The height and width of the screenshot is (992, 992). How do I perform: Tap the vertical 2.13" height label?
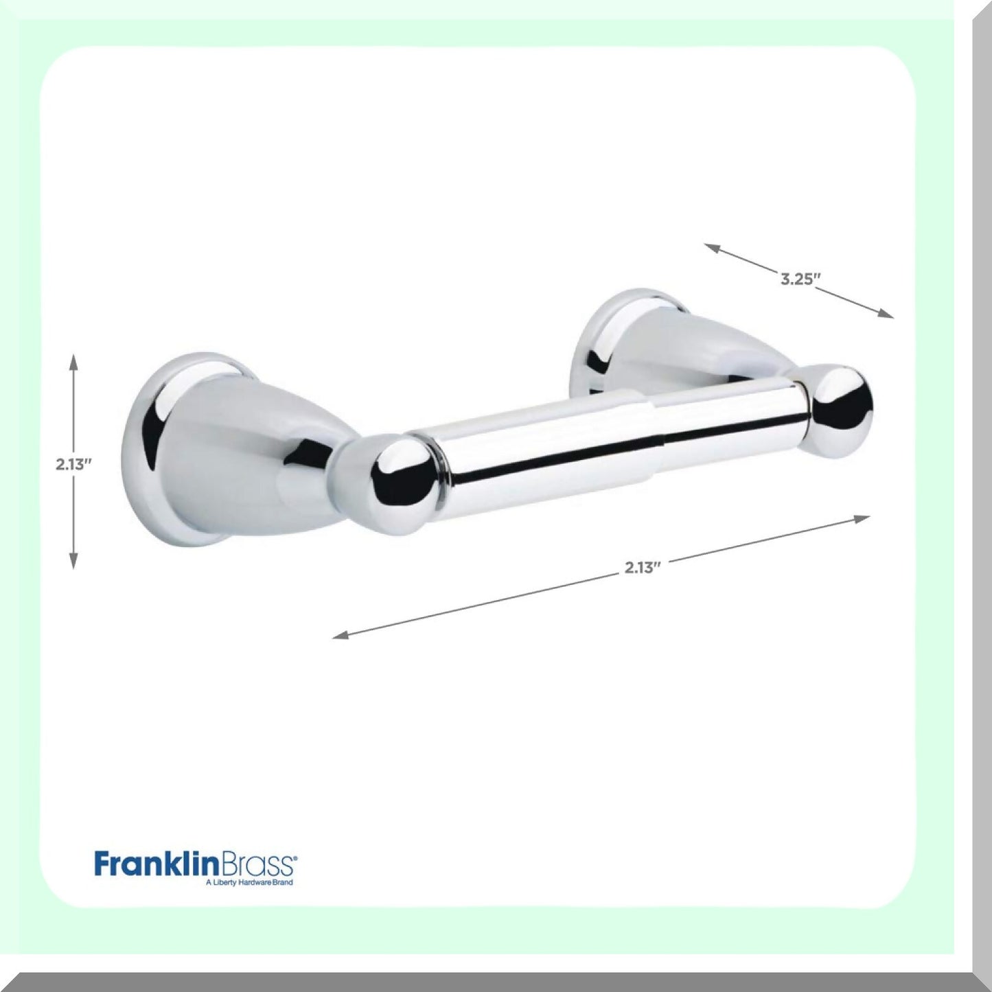(x=74, y=464)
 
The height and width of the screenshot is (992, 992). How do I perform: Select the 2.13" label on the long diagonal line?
(x=643, y=567)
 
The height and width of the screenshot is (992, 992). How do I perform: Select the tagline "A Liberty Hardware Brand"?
(x=249, y=882)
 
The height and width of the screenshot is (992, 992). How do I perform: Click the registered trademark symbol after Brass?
(x=296, y=857)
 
